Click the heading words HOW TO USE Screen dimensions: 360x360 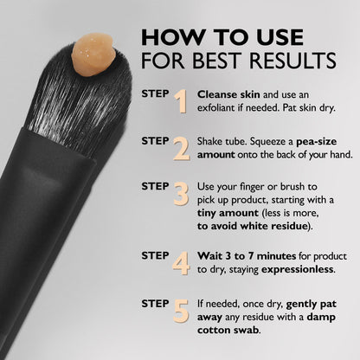coord(222,37)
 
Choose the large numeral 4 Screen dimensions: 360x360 coord(180,260)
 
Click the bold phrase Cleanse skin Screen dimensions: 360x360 coord(227,93)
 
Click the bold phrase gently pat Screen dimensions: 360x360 coord(310,305)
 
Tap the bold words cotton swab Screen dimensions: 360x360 coord(228,331)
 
